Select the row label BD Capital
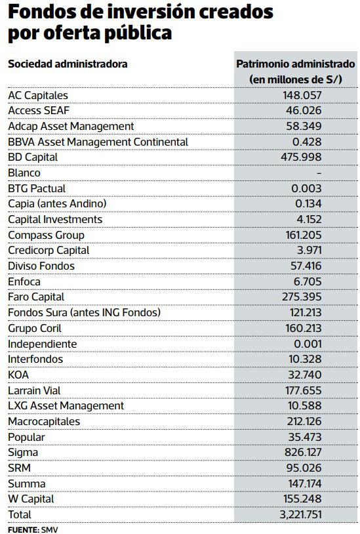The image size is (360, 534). click(33, 157)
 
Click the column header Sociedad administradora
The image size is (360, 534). click(68, 64)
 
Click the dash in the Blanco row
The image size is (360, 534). click(318, 173)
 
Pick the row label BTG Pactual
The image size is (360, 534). click(37, 188)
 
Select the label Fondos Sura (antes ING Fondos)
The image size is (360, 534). click(84, 312)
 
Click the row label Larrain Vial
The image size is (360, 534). click(34, 390)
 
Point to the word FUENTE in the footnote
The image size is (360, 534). click(22, 528)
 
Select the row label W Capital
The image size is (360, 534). click(30, 499)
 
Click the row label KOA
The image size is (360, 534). click(18, 375)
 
